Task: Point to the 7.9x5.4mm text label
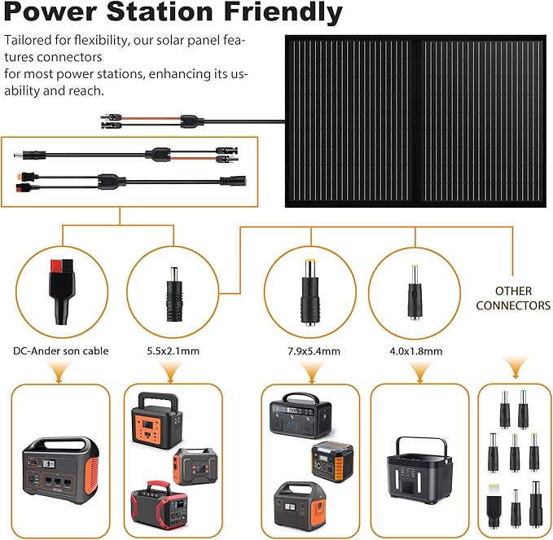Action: click(310, 351)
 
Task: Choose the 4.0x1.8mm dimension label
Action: click(415, 351)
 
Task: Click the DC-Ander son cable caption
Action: click(61, 351)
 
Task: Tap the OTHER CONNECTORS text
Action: click(513, 298)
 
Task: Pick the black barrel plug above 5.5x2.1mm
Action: click(172, 290)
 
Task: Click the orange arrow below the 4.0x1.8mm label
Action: click(419, 372)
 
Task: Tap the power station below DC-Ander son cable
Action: click(61, 474)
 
